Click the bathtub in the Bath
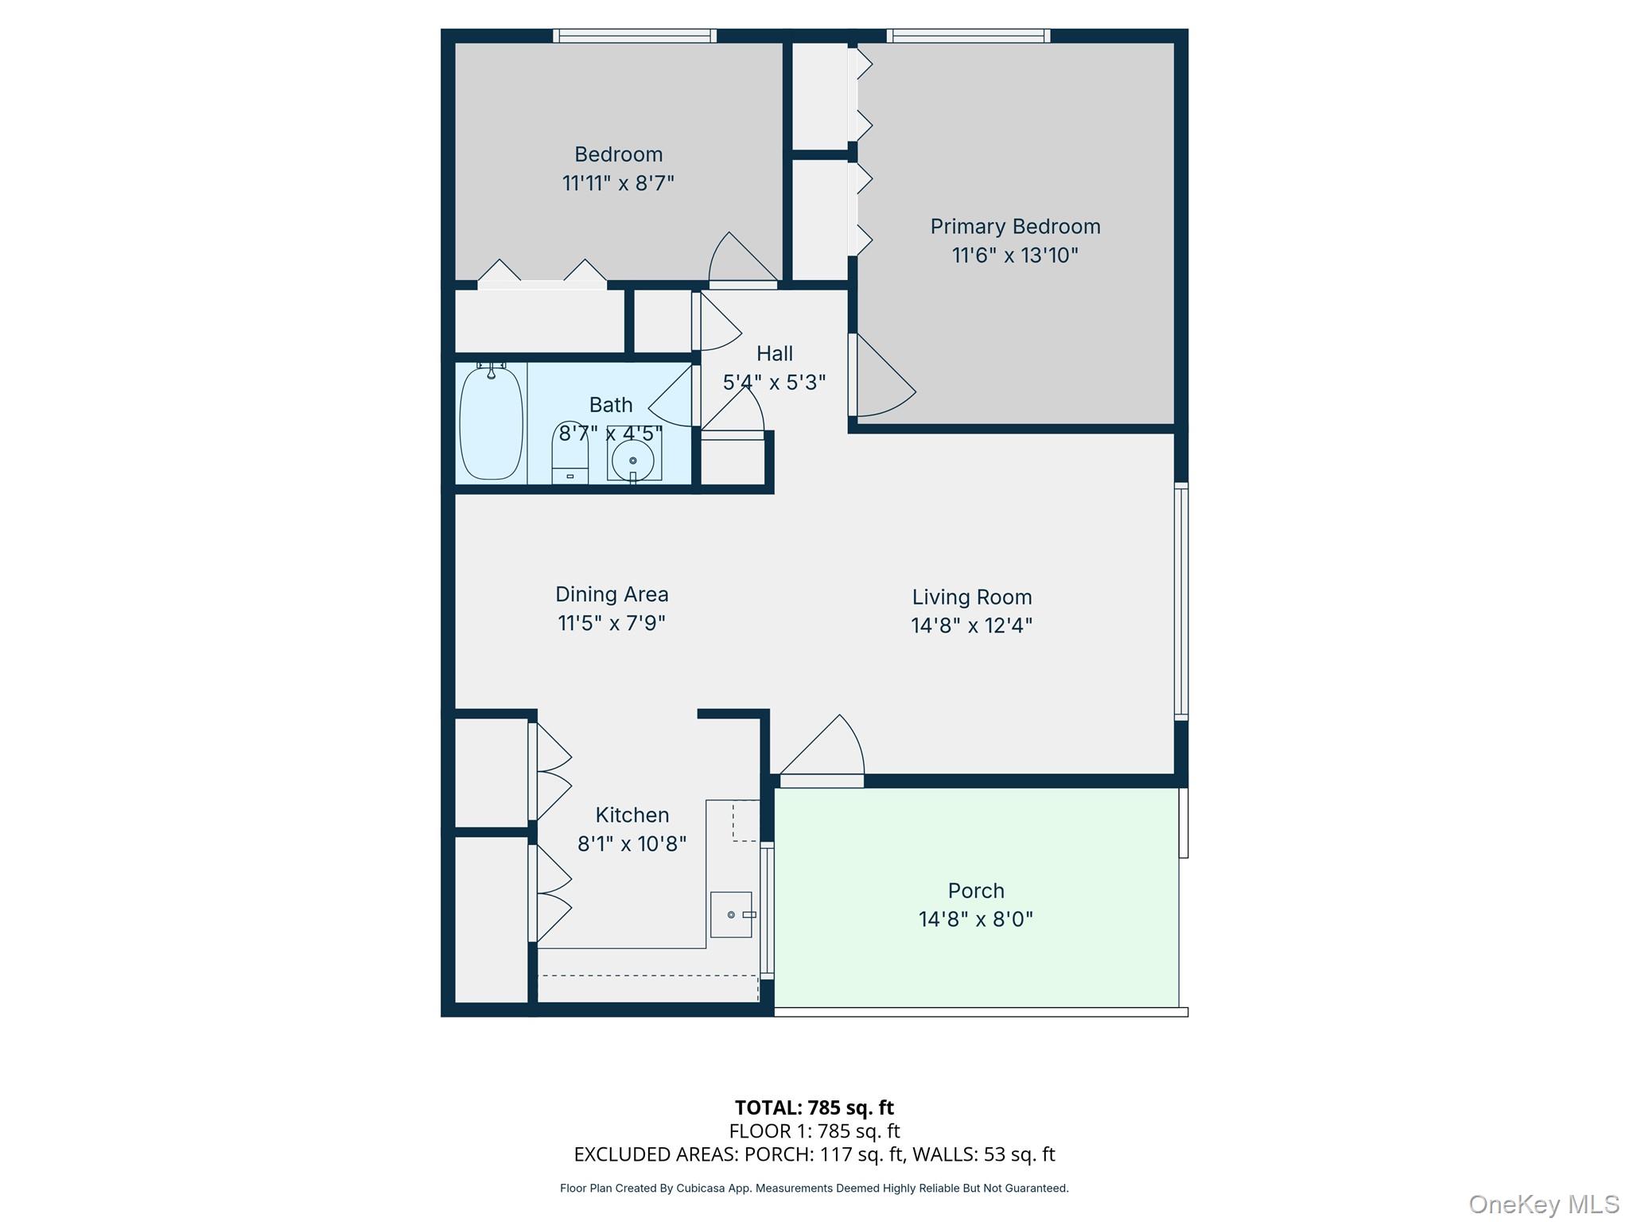click(491, 422)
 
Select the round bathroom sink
click(633, 461)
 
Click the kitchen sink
click(731, 914)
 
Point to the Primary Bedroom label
click(1015, 227)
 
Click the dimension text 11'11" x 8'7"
click(618, 184)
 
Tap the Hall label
click(774, 353)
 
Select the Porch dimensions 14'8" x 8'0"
click(975, 920)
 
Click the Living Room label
click(971, 597)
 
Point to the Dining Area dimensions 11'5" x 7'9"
click(611, 623)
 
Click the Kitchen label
click(632, 815)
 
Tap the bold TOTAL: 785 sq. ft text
click(814, 1107)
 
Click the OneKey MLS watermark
click(1543, 1204)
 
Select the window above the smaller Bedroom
click(634, 36)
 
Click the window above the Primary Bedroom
click(968, 36)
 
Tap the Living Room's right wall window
click(1181, 601)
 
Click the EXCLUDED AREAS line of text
click(814, 1154)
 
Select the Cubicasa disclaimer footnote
click(814, 1189)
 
